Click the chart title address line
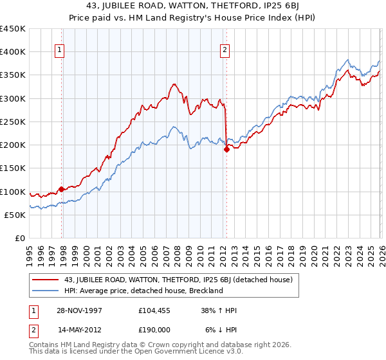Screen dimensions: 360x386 192,7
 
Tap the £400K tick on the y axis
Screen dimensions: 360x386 13,52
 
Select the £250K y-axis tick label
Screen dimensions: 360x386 13,122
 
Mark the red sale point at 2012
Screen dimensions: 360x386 226,150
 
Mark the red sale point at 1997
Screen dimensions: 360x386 62,189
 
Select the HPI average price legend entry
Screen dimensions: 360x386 142,291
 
